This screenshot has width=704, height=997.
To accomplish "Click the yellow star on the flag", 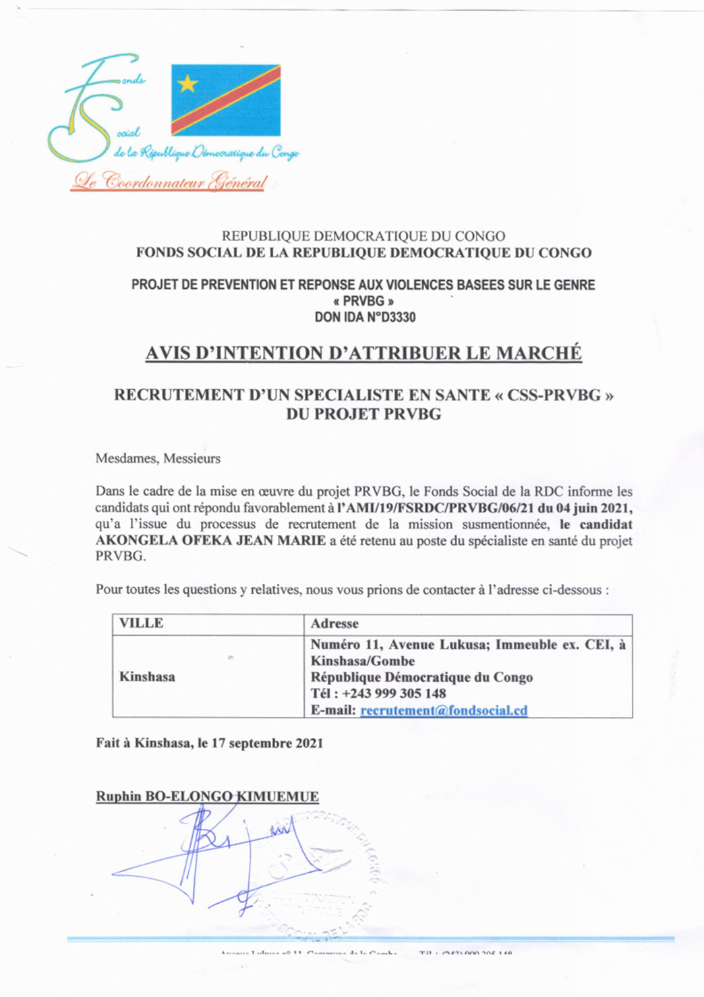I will tap(187, 83).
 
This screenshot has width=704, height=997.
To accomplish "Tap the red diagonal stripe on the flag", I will tap(226, 100).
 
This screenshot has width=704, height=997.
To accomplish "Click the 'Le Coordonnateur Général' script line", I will tap(170, 181).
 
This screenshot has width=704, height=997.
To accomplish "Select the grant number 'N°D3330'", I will tap(391, 317).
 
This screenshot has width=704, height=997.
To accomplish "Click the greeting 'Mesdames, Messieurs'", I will tap(158, 458).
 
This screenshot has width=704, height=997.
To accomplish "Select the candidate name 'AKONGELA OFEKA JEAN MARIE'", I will tap(210, 541).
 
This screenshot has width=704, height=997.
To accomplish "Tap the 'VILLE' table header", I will tap(141, 623).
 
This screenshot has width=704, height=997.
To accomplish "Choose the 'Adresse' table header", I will tap(334, 624).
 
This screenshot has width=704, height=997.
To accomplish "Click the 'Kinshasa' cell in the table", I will tap(147, 676).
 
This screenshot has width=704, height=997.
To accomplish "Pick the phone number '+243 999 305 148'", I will tap(394, 693).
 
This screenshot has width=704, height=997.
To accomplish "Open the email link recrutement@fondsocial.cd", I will tap(444, 710).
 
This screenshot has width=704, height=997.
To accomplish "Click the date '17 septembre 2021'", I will tap(267, 743).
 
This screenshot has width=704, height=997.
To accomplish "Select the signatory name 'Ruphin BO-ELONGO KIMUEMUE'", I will tap(207, 797).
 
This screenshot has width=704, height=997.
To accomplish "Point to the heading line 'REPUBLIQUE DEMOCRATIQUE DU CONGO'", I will tap(363, 236).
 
